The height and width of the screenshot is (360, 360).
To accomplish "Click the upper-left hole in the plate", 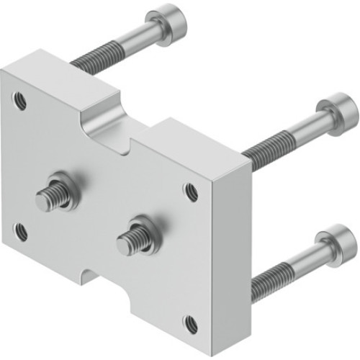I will click(x=20, y=102).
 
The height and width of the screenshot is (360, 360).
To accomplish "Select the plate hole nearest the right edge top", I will click(x=191, y=192).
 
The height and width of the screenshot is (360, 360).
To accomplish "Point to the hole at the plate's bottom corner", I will click(x=190, y=323).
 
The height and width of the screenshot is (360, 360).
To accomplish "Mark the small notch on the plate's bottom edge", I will click(x=88, y=272).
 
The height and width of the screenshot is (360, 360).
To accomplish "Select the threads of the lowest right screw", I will click(x=270, y=276).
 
